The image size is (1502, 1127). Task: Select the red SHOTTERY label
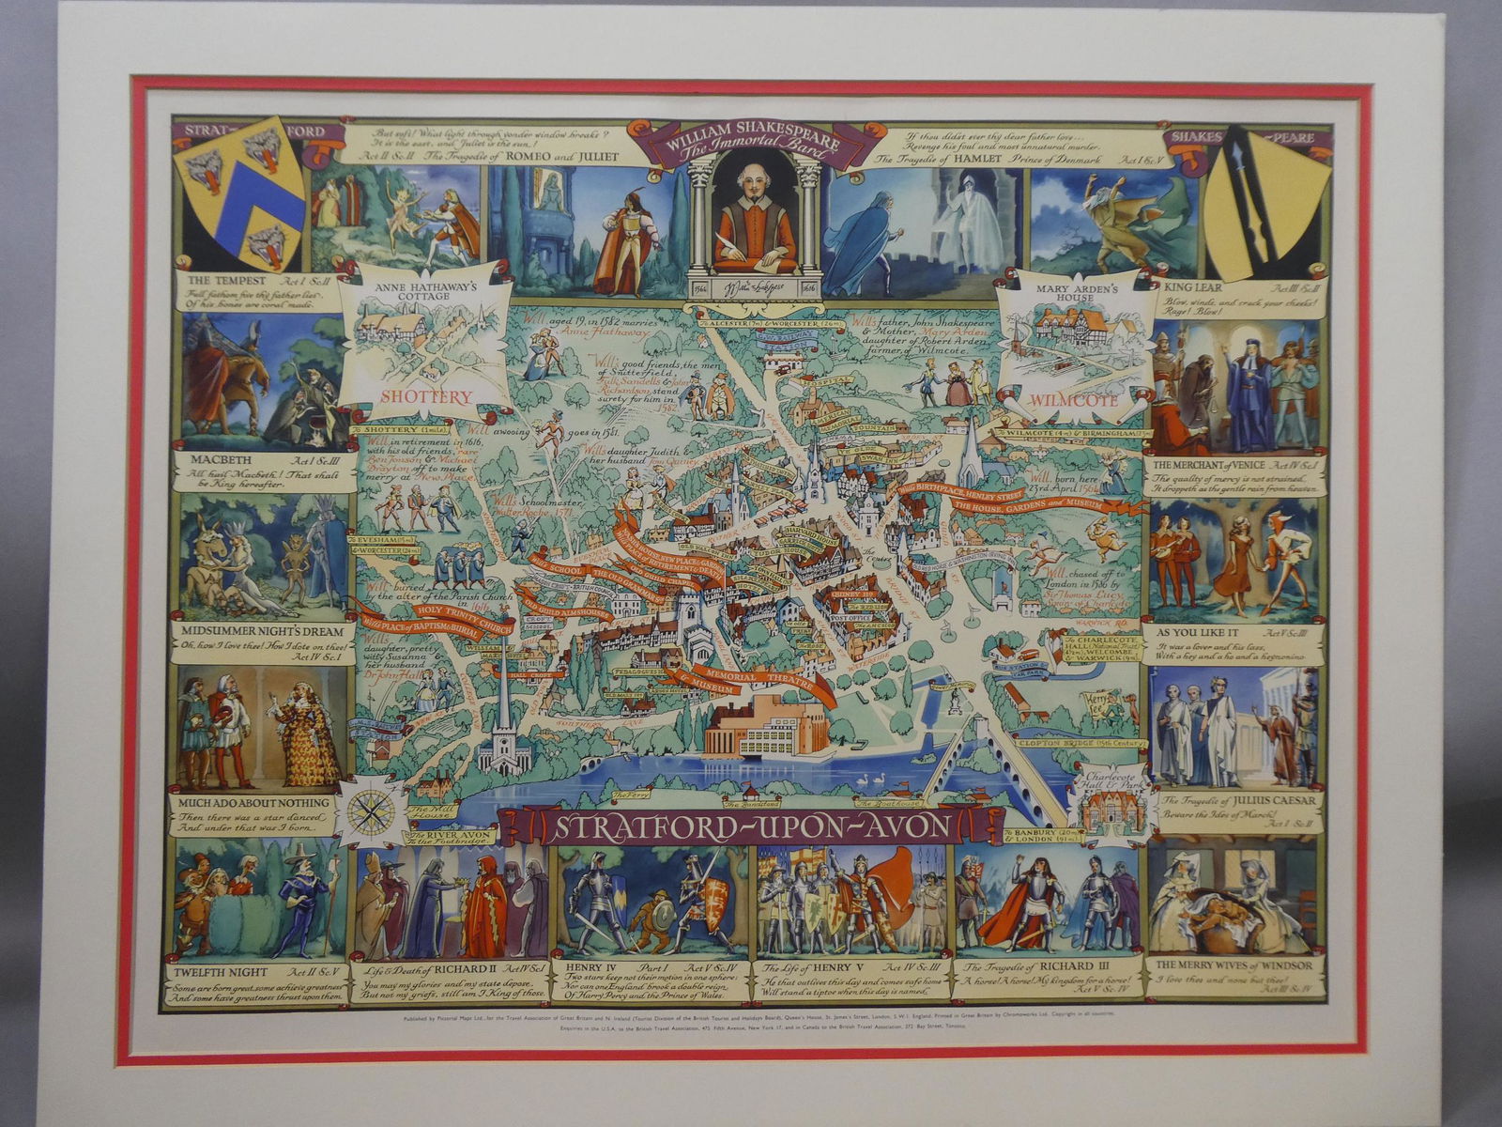pyautogui.click(x=425, y=397)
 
